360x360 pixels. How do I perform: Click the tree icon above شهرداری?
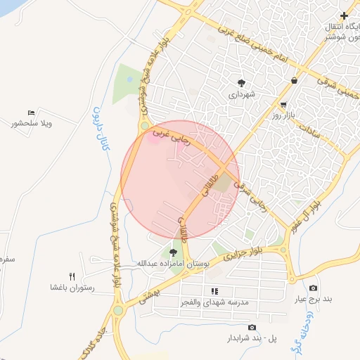coord(241,82)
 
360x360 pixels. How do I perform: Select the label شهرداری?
coord(241,93)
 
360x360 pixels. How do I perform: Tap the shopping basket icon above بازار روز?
coord(292,81)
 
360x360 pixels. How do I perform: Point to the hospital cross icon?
coord(344,15)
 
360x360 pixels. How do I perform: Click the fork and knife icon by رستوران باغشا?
coord(72,276)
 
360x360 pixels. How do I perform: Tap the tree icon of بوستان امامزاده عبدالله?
coord(173,252)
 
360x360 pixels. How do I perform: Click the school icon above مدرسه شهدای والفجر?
coord(214,290)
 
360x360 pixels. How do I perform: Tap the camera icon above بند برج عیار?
coord(313,288)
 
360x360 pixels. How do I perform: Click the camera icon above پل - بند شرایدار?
coord(252,327)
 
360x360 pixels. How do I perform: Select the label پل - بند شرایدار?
coord(251,338)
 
